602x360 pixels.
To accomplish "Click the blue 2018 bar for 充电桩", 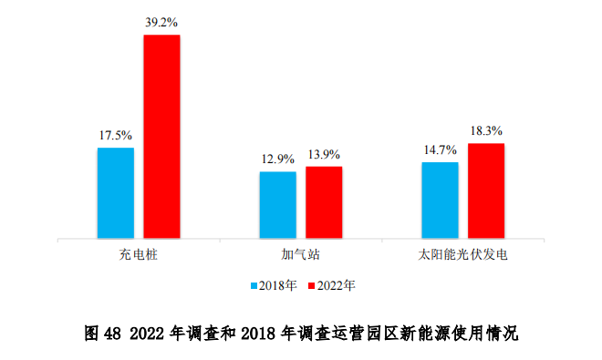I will (116, 192).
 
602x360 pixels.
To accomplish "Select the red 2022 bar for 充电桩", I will (161, 137).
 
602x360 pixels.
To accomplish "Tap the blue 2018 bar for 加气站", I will (277, 204).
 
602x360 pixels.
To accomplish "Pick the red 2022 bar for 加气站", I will (324, 201).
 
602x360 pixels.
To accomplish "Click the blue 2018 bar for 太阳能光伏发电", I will (440, 200).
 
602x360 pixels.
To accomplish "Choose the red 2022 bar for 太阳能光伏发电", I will (486, 190).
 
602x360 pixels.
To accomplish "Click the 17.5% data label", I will (116, 135).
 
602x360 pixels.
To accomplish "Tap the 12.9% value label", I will (277, 159).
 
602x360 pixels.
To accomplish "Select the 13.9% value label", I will (324, 154).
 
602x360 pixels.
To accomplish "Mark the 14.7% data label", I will (440, 149).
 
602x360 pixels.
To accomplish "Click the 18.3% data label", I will (486, 130).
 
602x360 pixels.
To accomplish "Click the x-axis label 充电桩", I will (139, 254).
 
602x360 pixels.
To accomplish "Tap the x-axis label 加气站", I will (300, 254).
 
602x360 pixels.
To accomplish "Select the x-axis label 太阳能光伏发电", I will (462, 254).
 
